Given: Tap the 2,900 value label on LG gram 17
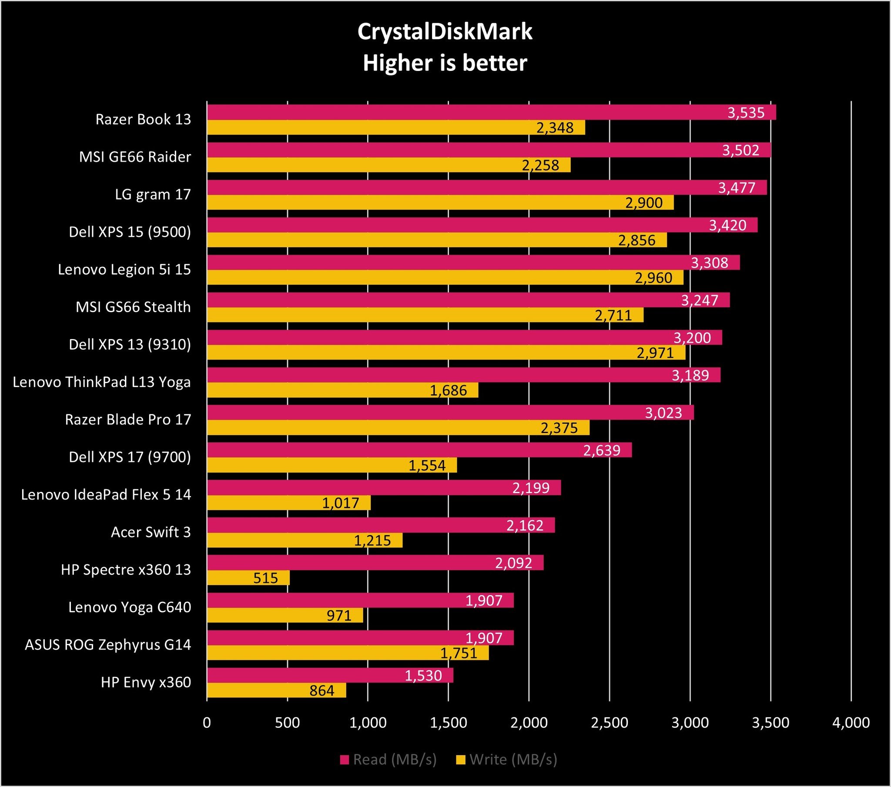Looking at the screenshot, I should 644,203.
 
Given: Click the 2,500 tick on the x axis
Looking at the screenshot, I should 610,723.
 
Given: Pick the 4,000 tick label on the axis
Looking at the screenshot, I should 851,723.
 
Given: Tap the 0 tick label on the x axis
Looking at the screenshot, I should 207,723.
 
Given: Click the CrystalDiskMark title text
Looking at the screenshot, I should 445,32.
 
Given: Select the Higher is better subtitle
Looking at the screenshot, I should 445,63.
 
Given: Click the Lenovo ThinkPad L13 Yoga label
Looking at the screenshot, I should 101,382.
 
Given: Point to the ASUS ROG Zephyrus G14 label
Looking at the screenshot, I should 107,644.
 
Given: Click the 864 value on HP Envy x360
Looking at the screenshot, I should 322,691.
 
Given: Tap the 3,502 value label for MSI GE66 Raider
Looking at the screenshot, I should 740,151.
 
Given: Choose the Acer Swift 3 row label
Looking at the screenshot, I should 151,532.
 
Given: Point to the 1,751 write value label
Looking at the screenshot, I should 459,653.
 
